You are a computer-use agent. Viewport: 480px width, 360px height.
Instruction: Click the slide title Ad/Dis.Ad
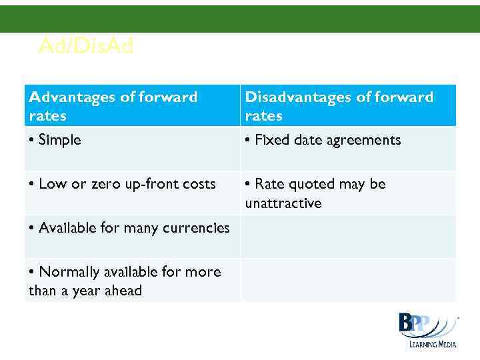coord(86,46)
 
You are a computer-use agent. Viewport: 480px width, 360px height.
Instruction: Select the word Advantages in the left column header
coord(72,97)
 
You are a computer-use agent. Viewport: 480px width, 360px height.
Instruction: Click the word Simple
coord(59,140)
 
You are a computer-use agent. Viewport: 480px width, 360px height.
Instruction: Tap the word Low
coord(53,184)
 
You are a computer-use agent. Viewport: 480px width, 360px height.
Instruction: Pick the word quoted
coord(315,184)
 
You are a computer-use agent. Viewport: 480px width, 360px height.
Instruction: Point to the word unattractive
coord(283,203)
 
